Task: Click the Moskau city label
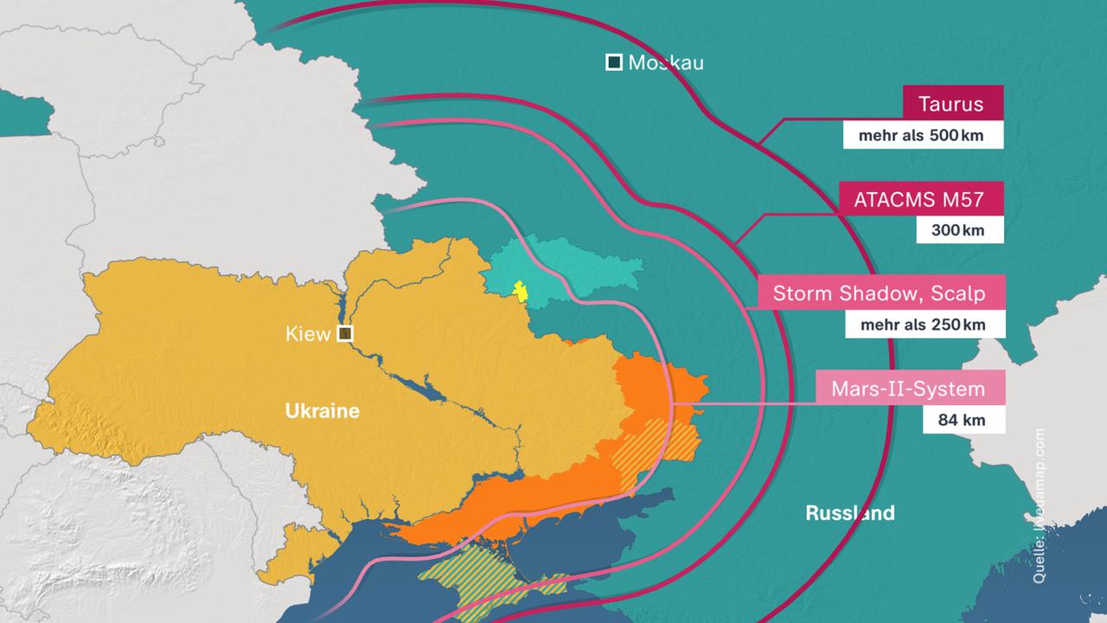[x=665, y=62]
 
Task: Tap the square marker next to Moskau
[x=613, y=62]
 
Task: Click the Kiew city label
[x=308, y=334]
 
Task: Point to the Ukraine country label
[x=322, y=411]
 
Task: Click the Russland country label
[x=849, y=513]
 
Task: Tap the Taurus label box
[x=952, y=105]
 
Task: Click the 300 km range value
[x=961, y=230]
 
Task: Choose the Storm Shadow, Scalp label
[x=879, y=293]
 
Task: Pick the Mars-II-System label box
[x=908, y=389]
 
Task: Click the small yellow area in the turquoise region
[x=521, y=291]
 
